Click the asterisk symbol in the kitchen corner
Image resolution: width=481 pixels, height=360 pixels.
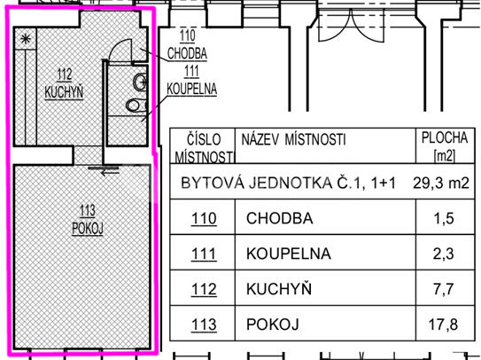coord(26,39)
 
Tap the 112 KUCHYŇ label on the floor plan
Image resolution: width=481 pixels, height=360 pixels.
coord(64,83)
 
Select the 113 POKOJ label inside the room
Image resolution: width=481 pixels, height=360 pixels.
coord(88,220)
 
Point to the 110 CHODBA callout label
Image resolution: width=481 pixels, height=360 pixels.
coord(187,45)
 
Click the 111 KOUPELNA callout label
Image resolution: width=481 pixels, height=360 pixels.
coord(191,81)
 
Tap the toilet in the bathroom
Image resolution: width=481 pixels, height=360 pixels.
coord(136,105)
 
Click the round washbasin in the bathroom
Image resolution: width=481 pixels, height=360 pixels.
coord(140,82)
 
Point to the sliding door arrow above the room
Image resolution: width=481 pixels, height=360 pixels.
coord(110,173)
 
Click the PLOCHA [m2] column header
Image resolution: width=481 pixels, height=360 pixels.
coord(445,146)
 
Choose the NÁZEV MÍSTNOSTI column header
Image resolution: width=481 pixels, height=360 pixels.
coord(293,139)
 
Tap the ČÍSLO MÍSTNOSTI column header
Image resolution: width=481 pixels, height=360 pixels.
coord(204,148)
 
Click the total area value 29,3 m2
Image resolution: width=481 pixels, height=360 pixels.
coord(441,183)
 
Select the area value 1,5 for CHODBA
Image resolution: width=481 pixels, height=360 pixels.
coord(444,218)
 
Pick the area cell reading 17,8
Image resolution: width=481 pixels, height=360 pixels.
coord(443,325)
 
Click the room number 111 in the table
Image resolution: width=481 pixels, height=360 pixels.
coord(204,254)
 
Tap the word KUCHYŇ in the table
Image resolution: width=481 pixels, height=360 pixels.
coord(279,288)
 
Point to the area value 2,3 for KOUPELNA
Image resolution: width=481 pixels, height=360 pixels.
coord(444,254)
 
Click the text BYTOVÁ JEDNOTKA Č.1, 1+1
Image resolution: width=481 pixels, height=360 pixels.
coord(288,183)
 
